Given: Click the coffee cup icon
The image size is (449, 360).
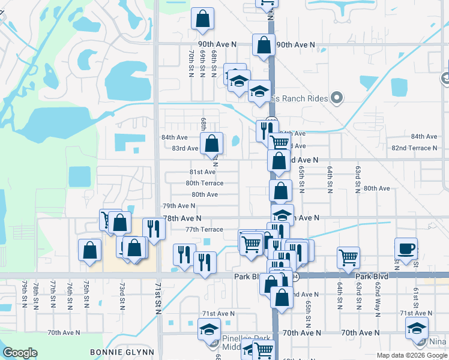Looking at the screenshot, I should point(406,248).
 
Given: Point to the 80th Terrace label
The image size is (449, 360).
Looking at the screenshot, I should point(204,183).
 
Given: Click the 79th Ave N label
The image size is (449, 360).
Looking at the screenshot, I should point(179,206).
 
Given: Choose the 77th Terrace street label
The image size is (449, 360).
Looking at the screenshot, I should point(204,229).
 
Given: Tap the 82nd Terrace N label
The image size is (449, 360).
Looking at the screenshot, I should point(414,148).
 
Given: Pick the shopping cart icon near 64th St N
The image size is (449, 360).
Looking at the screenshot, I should point(348,257).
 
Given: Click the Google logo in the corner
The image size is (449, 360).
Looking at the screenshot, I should point(20,353).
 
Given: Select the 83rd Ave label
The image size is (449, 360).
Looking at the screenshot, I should point(185,148).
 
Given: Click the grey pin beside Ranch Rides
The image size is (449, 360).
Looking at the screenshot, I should point(337,98).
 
